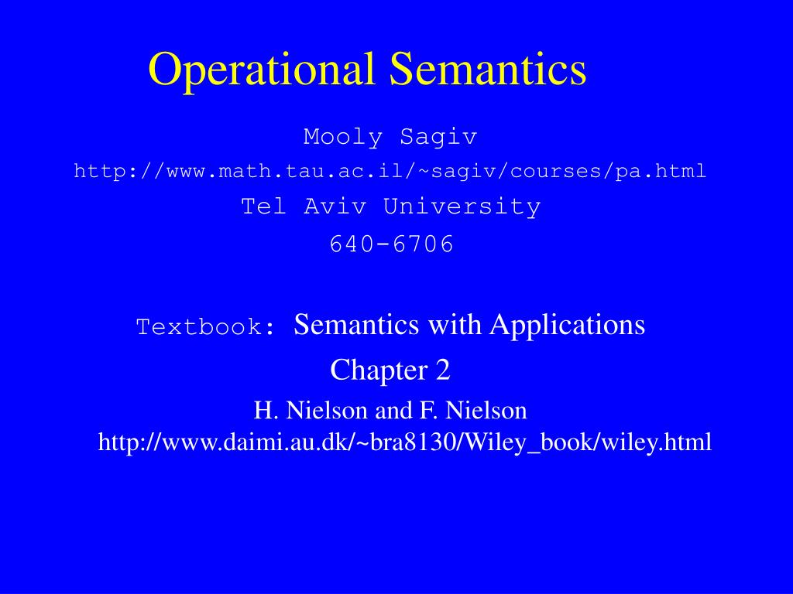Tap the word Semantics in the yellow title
488,69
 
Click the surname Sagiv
438,138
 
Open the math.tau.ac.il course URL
390,172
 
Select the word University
462,207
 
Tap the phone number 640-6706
391,244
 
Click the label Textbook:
206,327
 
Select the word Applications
567,325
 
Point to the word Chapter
373,370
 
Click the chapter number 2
443,370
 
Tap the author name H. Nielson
311,409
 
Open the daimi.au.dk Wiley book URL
405,442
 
